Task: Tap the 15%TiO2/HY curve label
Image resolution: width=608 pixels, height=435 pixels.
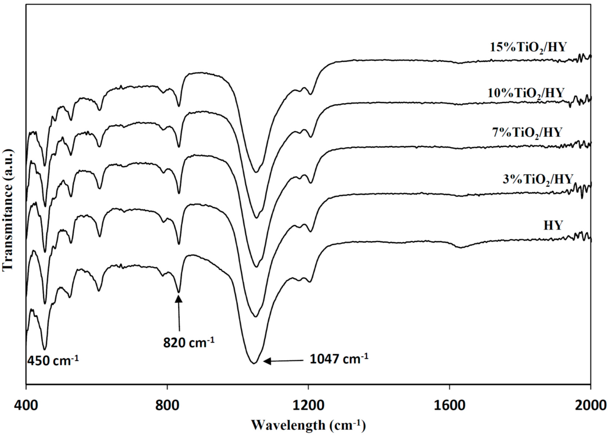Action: [528, 48]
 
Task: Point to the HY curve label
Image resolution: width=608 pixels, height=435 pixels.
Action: [553, 226]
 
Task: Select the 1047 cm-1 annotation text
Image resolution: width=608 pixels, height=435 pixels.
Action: [339, 359]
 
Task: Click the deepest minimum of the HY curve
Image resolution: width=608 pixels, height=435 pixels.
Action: [254, 363]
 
